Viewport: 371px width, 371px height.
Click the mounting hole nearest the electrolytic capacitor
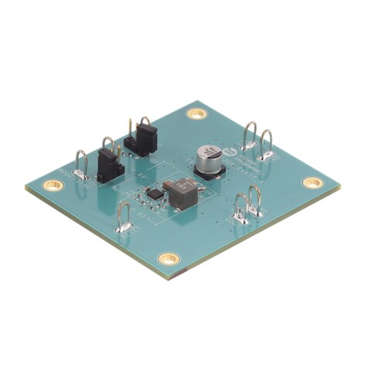pyautogui.click(x=197, y=114)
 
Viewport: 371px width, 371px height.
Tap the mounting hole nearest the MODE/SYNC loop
pyautogui.click(x=53, y=185)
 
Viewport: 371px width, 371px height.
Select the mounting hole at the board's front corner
pyautogui.click(x=168, y=258)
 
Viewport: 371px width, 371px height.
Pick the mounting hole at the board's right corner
pyautogui.click(x=312, y=182)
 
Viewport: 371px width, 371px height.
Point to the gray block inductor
pyautogui.click(x=180, y=193)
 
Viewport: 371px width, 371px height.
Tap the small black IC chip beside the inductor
pyautogui.click(x=154, y=192)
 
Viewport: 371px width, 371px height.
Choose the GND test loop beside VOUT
pyautogui.click(x=241, y=210)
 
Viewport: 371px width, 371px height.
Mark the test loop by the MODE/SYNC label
pyautogui.click(x=80, y=165)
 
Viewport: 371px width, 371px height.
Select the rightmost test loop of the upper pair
pyautogui.click(x=267, y=145)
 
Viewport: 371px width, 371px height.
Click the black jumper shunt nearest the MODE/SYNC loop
pyautogui.click(x=110, y=162)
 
